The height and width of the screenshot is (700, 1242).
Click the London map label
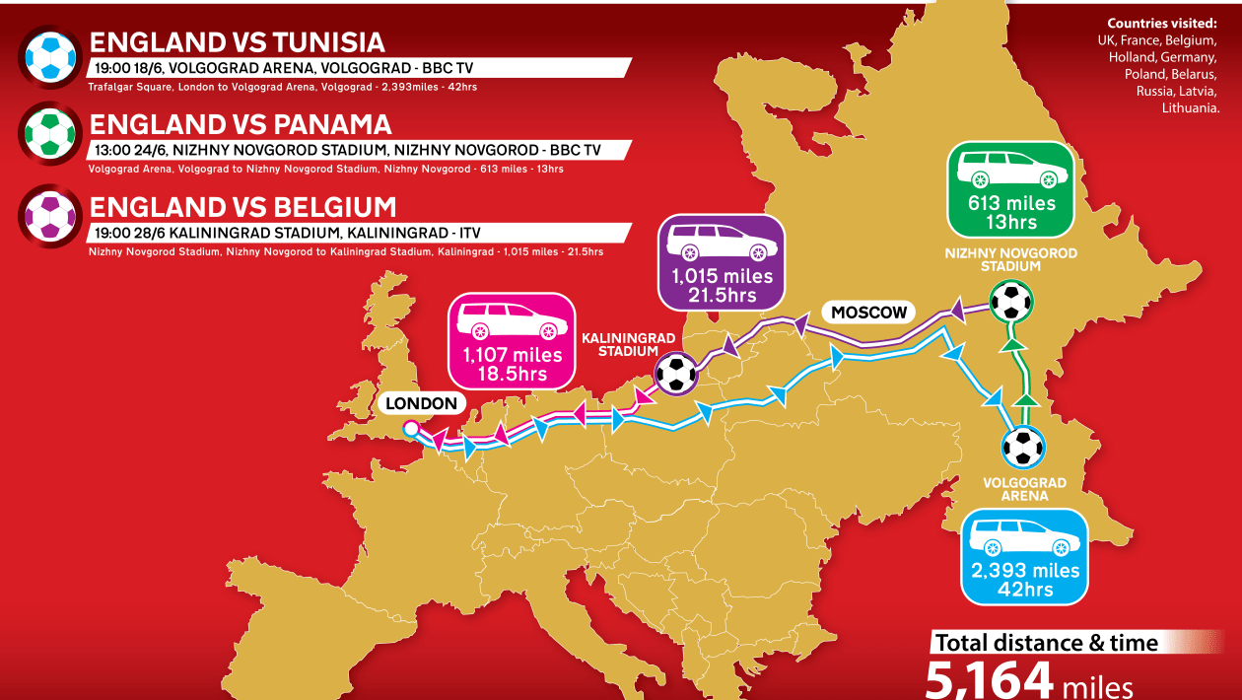(421, 403)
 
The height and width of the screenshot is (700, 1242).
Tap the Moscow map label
(868, 313)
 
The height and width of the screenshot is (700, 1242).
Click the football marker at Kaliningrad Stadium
(675, 374)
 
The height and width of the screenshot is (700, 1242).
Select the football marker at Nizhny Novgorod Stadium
(1010, 302)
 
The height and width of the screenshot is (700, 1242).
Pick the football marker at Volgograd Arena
(1023, 447)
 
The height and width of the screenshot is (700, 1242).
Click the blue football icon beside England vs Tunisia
(49, 57)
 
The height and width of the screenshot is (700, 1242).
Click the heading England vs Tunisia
(237, 42)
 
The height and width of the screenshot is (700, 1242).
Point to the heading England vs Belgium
(242, 207)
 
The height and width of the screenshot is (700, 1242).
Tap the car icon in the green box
(1009, 169)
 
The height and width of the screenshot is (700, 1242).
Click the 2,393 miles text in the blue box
(1024, 570)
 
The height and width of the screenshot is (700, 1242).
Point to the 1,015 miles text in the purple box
(722, 276)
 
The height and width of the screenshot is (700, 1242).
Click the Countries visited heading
(1162, 24)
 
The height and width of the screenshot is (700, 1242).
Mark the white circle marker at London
(409, 428)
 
